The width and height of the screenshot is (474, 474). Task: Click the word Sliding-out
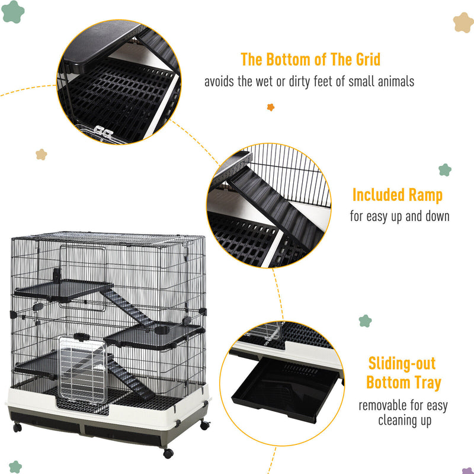click(x=402, y=363)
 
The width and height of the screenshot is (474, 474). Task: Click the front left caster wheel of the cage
click(x=17, y=427)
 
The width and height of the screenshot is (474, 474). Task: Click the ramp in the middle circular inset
click(x=277, y=209)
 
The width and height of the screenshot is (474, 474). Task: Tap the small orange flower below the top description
click(x=271, y=107)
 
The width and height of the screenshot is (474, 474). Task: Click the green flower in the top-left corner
click(x=12, y=12)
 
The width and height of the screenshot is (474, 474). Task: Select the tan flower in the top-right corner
click(x=463, y=23)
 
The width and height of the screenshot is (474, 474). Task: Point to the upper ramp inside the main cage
click(x=127, y=308)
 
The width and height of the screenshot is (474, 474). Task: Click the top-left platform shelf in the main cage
click(x=63, y=290)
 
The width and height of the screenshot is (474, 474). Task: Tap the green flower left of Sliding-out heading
click(x=365, y=321)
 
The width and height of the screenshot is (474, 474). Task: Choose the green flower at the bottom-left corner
click(x=15, y=467)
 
